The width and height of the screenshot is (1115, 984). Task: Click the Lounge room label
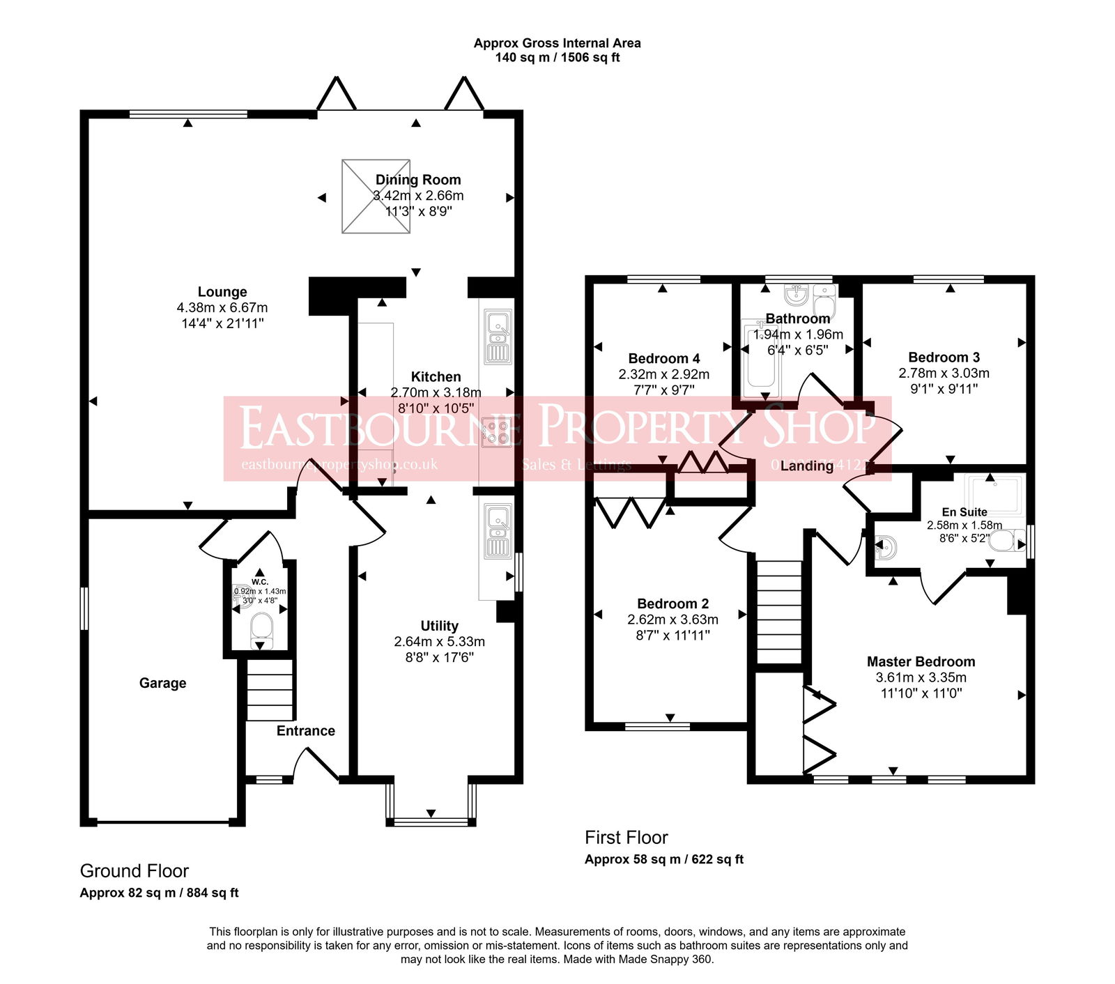point(222,292)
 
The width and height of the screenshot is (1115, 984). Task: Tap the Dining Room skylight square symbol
point(376,196)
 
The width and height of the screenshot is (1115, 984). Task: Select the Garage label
point(162,683)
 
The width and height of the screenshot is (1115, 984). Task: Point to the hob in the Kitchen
point(497,431)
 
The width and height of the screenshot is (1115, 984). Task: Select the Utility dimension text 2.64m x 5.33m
point(439,642)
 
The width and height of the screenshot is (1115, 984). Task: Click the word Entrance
point(305,730)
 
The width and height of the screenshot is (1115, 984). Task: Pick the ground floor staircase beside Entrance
point(269,690)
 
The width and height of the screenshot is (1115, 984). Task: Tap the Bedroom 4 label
point(663,358)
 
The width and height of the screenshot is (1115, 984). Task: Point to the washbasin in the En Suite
point(884,548)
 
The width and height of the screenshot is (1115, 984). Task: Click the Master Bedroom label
point(921,661)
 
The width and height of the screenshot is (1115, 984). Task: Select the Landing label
point(806,466)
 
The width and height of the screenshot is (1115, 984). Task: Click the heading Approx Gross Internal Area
point(557,43)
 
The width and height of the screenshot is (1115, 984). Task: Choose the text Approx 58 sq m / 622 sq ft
point(663,859)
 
